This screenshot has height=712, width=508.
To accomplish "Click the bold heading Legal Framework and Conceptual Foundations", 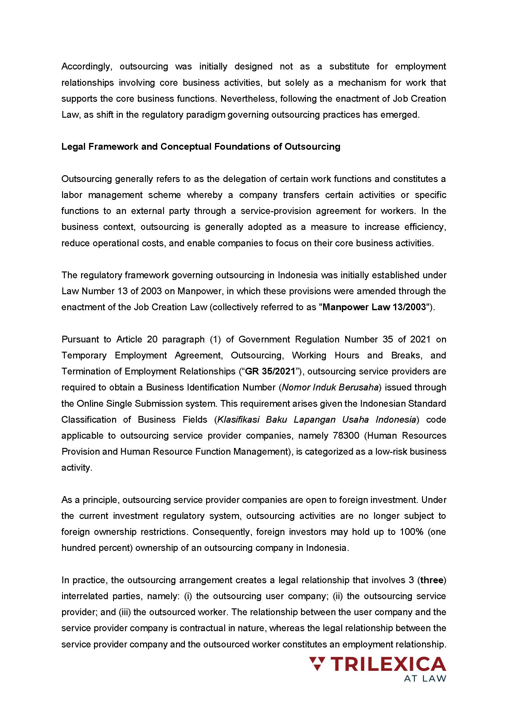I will click(201, 147).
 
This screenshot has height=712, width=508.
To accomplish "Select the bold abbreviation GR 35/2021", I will click(270, 371).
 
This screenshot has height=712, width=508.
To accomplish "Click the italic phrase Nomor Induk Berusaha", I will click(330, 387).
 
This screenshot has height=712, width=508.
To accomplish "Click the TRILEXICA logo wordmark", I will click(388, 664).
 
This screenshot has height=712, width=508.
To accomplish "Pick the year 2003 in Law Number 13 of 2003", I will click(151, 291).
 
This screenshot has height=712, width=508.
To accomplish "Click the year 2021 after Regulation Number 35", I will click(420, 339).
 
